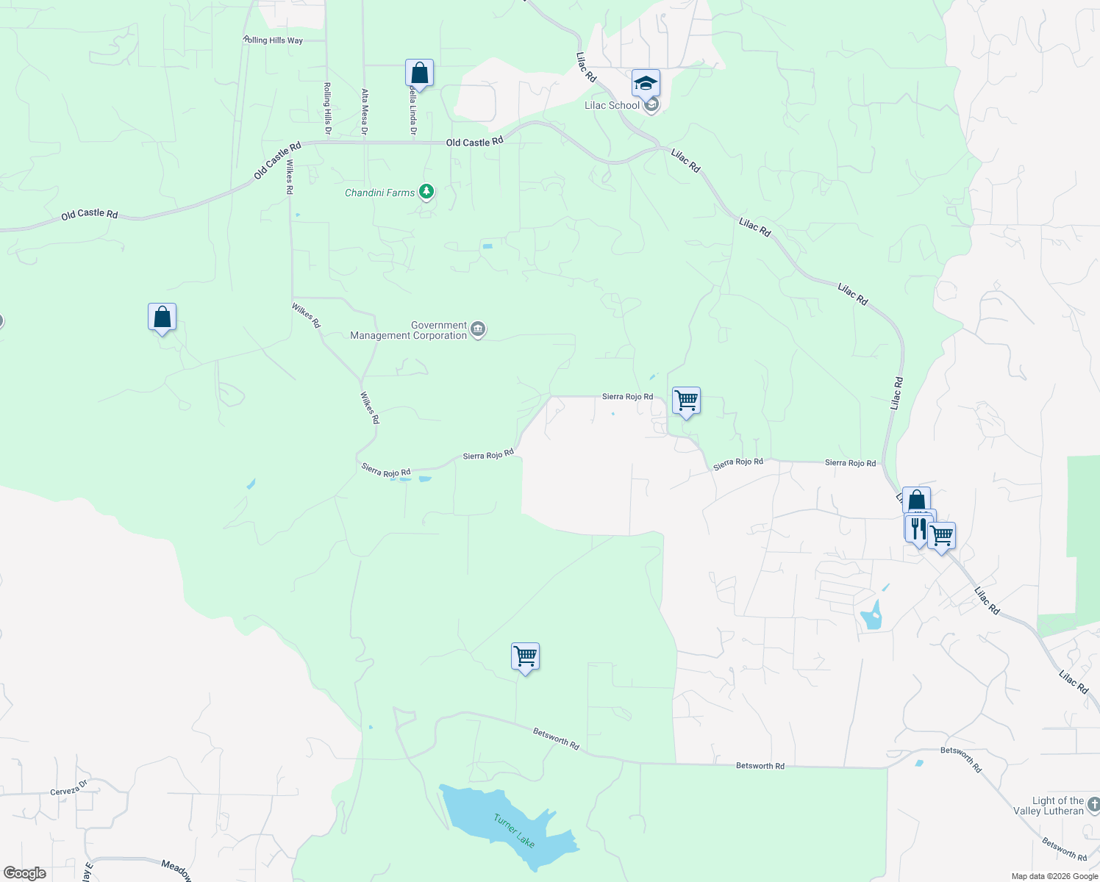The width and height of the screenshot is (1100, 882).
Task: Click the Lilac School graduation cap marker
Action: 646,82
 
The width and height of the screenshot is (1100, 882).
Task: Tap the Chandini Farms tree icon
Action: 426,192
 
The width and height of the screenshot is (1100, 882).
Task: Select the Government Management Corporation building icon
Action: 478,329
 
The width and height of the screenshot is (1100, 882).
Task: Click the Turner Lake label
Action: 514,831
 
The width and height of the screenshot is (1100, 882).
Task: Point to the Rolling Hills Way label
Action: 273,40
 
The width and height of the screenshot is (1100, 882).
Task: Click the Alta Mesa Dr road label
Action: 365,112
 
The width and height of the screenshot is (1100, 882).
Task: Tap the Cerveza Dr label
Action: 68,791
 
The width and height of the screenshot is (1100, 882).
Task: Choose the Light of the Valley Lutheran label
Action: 1058,806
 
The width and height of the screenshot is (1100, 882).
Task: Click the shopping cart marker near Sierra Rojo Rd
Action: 686,401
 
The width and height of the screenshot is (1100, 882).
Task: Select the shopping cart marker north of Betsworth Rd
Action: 525,656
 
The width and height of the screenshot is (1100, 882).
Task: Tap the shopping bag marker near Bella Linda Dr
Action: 419,73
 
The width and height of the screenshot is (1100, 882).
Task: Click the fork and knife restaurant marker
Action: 918,528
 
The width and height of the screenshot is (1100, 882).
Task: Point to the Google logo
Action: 25,873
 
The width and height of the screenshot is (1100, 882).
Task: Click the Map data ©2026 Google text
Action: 1054,876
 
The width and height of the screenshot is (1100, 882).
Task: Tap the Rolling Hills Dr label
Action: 327,109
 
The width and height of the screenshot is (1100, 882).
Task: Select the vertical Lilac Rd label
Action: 896,393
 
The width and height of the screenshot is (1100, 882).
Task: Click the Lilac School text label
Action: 612,105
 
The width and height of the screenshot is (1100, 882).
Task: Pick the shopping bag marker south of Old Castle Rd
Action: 162,318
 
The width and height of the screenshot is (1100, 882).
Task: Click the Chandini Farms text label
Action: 380,193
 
